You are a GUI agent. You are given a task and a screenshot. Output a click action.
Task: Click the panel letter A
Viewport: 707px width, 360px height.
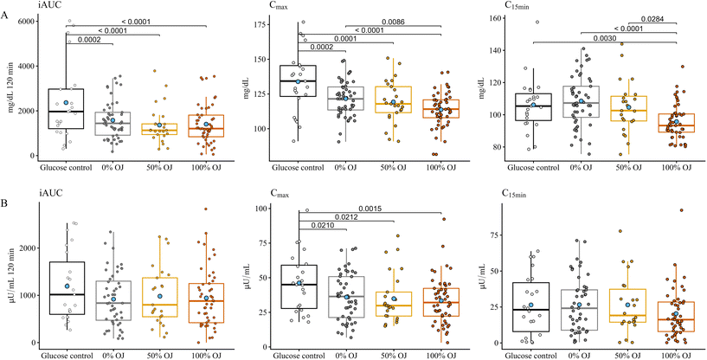point(6,27)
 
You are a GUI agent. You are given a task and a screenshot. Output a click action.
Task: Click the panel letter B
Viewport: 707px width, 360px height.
point(6,204)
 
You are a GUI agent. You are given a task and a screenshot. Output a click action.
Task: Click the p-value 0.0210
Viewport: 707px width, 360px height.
point(322,226)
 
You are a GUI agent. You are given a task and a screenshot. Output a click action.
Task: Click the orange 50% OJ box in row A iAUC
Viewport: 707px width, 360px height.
point(159,129)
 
